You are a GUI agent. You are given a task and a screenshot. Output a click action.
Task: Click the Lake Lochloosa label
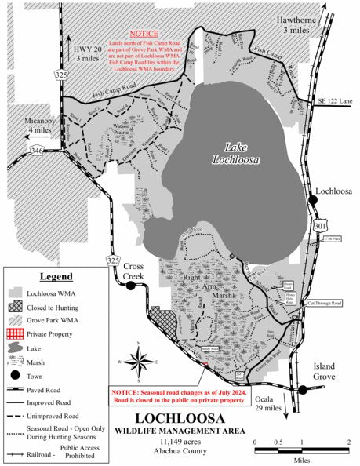pos(235,154)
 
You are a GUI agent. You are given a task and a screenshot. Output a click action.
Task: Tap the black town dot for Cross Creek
pos(131,286)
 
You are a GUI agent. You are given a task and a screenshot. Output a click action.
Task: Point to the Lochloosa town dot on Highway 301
pos(314,201)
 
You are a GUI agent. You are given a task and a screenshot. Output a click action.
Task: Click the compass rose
pos(139,362)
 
